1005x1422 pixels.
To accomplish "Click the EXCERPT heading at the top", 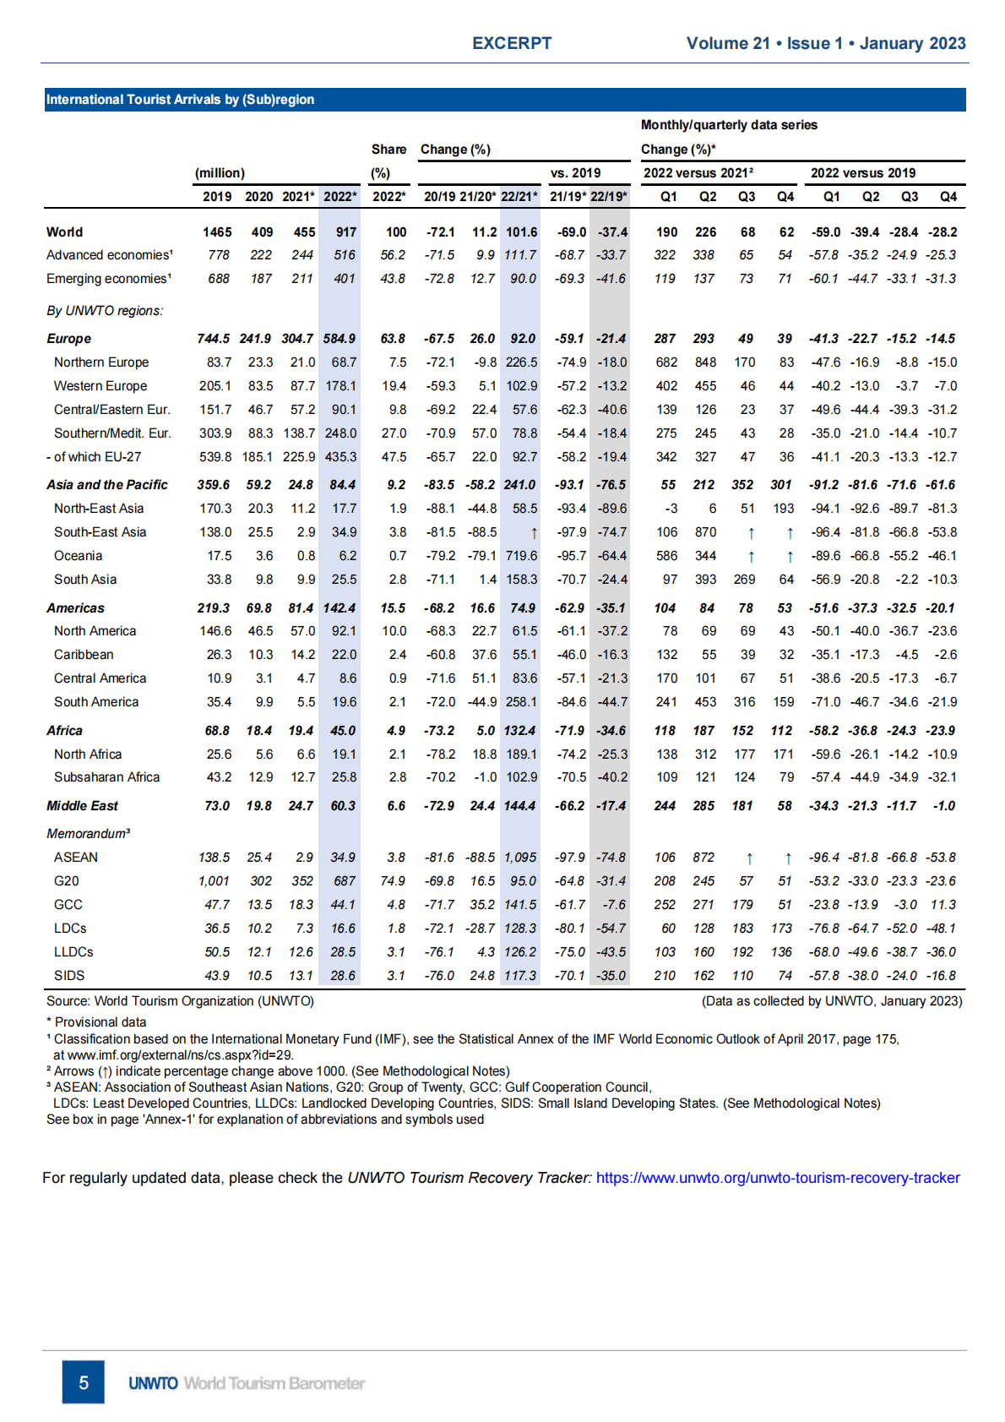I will [512, 43].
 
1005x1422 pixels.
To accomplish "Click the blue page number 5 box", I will [84, 1382].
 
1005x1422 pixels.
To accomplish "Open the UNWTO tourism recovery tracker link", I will [777, 1178].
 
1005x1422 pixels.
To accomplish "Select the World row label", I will [65, 232].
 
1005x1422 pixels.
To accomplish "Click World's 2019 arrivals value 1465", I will [217, 232].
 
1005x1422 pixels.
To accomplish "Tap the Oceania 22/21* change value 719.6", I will [521, 556].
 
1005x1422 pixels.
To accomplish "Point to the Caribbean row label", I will [84, 655].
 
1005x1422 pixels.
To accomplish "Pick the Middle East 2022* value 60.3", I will [342, 806].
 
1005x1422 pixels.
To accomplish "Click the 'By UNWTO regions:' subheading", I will [105, 311].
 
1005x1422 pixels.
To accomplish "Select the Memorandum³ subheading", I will [89, 834].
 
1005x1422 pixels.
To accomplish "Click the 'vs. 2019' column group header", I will [575, 173].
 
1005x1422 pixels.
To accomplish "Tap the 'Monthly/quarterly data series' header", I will [729, 125].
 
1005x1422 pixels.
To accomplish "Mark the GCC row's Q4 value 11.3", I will [943, 905].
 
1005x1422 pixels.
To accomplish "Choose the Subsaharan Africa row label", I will [106, 777].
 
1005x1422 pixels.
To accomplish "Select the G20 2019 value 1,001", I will [214, 881].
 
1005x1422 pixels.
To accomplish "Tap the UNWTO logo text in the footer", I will [153, 1383].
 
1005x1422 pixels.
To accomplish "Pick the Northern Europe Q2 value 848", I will [705, 362].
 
